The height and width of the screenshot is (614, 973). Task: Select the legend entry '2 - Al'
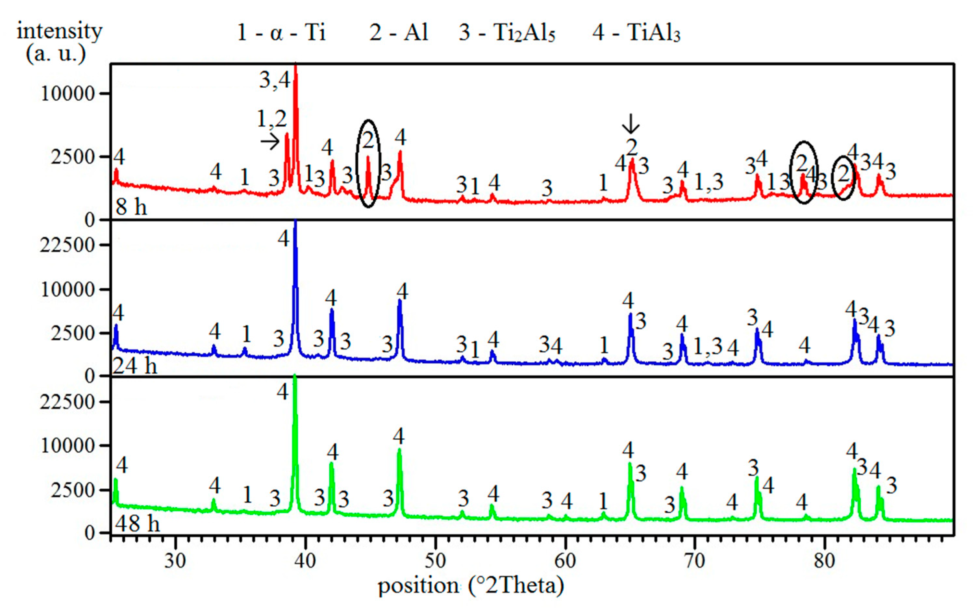398,32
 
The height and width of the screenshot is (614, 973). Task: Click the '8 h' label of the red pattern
131,207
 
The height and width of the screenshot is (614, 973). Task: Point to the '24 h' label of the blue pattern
134,366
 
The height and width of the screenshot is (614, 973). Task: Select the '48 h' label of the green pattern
137,523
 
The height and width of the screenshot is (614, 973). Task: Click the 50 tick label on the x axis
435,561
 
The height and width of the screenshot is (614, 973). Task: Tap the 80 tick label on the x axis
824,561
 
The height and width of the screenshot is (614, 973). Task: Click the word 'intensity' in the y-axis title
60,31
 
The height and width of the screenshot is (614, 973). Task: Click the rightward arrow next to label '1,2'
269,142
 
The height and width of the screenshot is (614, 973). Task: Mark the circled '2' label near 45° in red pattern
368,140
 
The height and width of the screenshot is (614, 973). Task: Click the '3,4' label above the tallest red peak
275,80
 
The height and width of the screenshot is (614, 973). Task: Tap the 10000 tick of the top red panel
68,94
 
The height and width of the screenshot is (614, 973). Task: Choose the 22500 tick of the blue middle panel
68,245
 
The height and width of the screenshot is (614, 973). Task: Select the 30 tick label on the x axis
175,561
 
